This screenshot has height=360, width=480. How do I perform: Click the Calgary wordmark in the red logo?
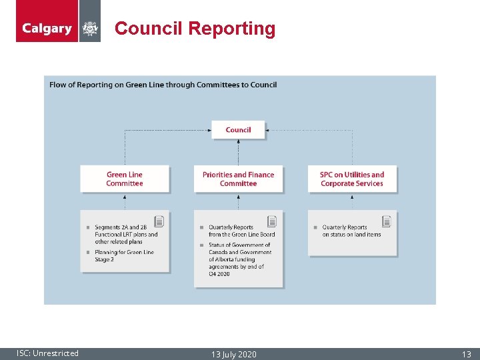point(47,28)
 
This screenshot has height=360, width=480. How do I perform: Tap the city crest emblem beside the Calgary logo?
point(90,28)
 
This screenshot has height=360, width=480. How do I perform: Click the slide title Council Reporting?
point(195,29)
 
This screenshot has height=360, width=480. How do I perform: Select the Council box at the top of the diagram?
point(238,130)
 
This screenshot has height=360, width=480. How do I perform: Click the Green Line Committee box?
point(125,179)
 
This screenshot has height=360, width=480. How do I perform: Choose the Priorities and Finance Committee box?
point(238,179)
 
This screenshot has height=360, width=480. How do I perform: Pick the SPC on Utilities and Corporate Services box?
point(352,179)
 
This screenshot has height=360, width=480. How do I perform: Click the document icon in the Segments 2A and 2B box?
point(159,221)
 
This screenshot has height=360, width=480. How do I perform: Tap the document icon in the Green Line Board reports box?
point(272,221)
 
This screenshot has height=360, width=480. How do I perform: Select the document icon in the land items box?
point(387,221)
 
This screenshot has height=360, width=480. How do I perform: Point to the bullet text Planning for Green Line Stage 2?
point(124,256)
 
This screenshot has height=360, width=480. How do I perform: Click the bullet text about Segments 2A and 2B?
point(126,235)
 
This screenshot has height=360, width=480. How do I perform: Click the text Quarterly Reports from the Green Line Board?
point(241,231)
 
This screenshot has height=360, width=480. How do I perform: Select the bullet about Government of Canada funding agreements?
point(240,259)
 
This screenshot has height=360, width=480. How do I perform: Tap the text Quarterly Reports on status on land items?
point(351,231)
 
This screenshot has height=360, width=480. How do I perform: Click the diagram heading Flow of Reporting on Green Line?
point(163,85)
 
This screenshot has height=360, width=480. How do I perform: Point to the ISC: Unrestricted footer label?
point(47,353)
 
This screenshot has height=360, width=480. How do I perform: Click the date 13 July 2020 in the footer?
point(233,354)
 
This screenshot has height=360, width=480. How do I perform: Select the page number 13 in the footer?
point(467,354)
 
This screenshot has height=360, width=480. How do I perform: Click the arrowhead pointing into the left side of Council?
point(209,130)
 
